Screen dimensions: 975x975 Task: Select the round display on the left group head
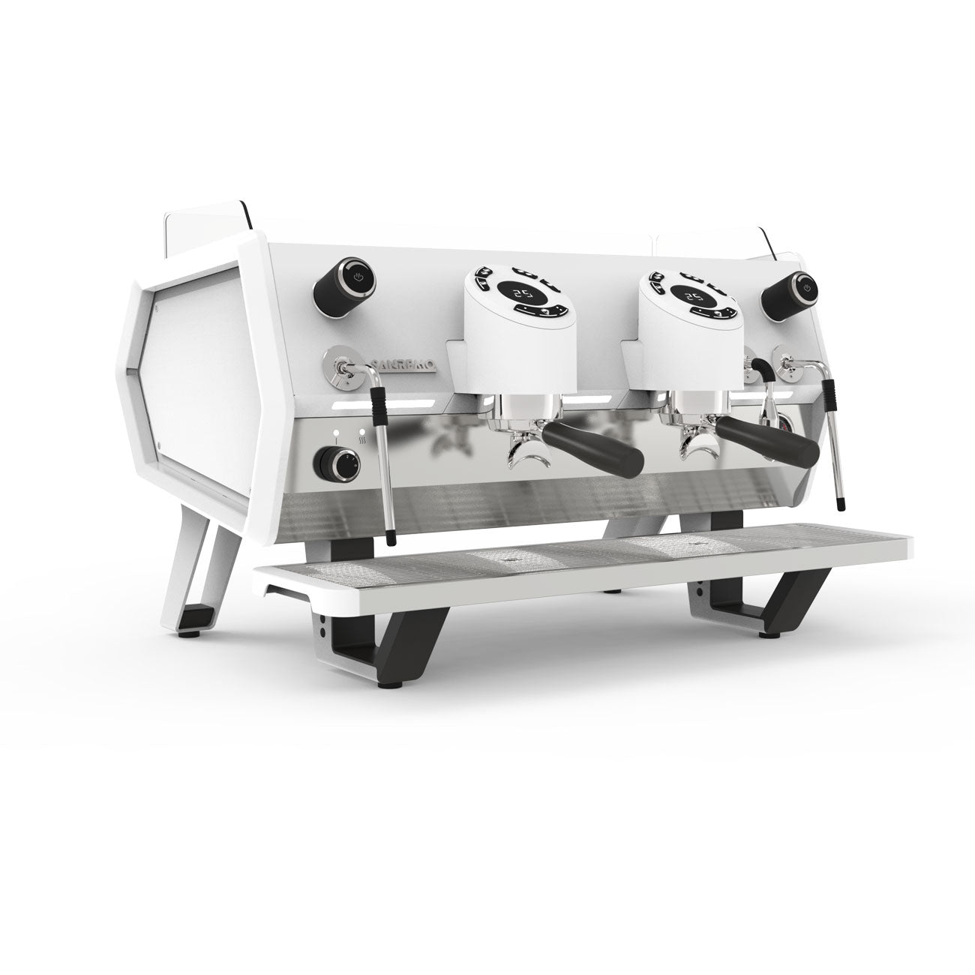523,295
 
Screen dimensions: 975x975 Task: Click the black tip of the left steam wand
390,536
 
